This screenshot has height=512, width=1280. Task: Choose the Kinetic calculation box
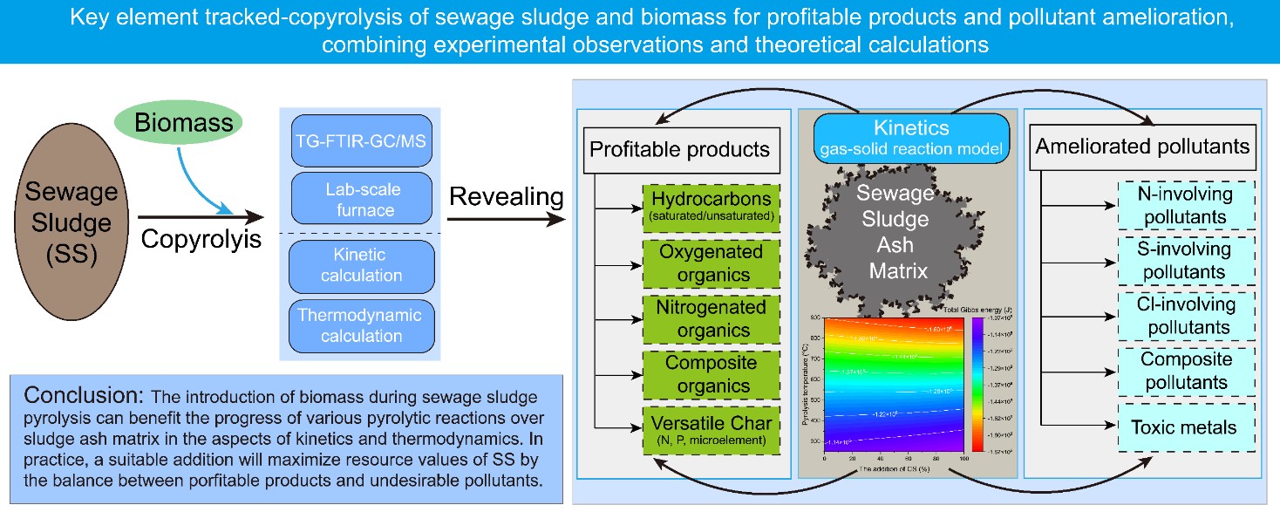click(362, 265)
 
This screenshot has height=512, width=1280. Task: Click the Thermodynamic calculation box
click(362, 324)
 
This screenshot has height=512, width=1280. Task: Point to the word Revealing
click(506, 197)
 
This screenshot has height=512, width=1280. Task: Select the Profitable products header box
click(680, 149)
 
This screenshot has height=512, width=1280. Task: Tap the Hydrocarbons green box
click(712, 207)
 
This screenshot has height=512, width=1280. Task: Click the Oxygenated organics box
click(712, 263)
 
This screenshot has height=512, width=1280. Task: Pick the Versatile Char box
click(712, 429)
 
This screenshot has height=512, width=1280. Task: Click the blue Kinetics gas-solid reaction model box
click(911, 138)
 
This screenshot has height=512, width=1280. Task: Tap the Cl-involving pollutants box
click(1185, 316)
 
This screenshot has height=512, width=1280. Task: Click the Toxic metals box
click(1185, 427)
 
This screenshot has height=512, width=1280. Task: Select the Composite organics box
click(712, 373)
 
